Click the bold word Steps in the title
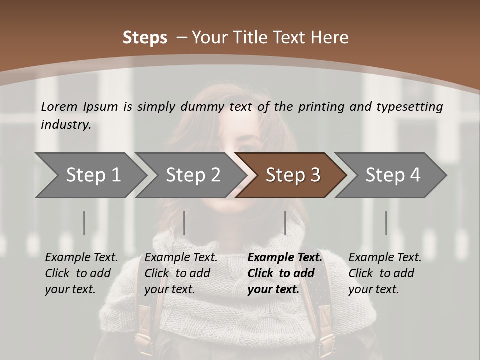click(145, 38)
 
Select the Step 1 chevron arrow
click(93, 175)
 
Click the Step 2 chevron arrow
click(193, 175)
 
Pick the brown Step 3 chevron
click(293, 175)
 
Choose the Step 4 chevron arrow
click(393, 175)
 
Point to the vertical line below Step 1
click(84, 223)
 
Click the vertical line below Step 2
click(184, 223)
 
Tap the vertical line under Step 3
click(285, 223)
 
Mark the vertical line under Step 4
click(386, 223)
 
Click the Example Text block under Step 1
click(81, 273)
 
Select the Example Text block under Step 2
click(181, 273)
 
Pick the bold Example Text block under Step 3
click(285, 273)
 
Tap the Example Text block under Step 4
click(385, 273)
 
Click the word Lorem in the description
click(59, 107)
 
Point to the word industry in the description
click(66, 125)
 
